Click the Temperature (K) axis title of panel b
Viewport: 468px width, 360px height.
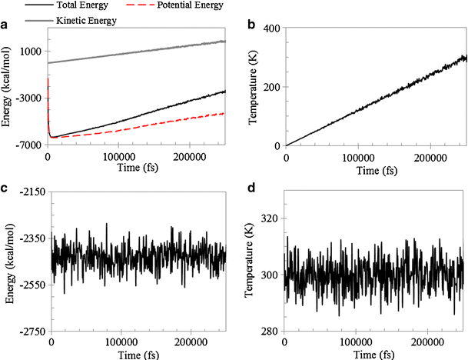(250, 86)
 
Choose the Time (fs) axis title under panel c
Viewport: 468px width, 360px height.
(137, 354)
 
